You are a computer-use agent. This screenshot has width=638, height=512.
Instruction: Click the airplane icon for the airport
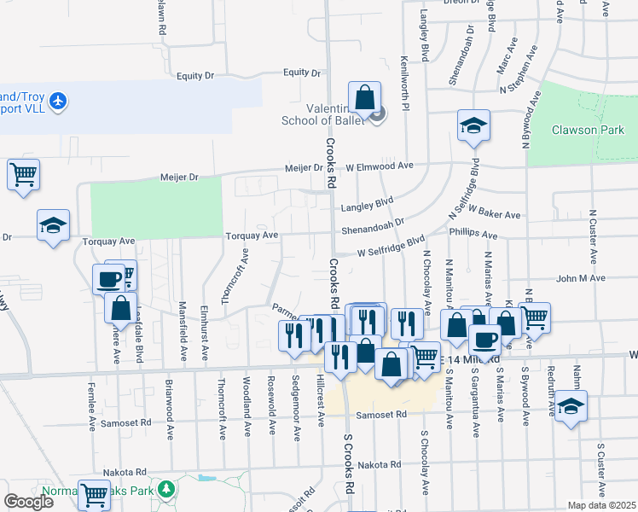(58, 102)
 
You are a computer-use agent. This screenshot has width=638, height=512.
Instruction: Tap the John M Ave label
(580, 278)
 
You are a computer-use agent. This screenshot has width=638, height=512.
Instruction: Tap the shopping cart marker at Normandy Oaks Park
(94, 493)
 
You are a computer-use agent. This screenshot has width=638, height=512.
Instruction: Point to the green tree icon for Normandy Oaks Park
(169, 489)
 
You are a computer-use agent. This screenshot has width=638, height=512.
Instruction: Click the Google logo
(29, 503)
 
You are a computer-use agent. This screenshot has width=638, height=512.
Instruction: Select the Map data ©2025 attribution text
(601, 505)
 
